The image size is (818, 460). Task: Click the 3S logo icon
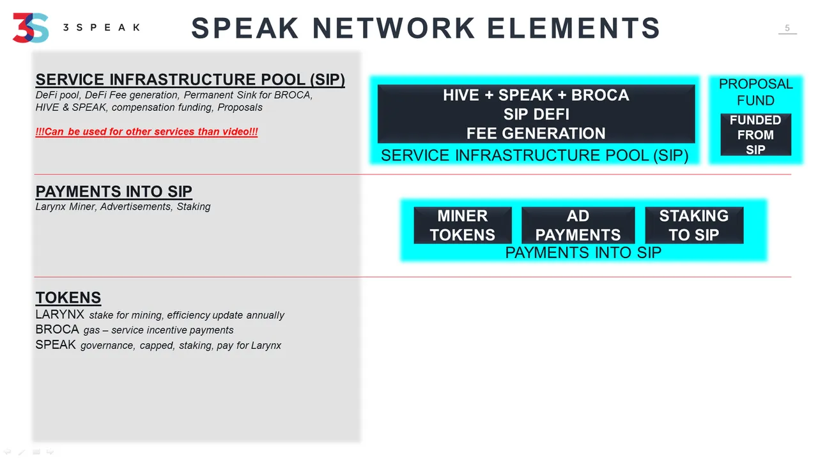(x=31, y=27)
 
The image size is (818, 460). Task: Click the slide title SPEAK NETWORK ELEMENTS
(x=426, y=28)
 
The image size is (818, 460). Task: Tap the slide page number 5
(x=787, y=28)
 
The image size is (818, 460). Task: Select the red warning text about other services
(x=146, y=132)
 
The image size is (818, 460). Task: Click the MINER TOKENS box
(x=463, y=226)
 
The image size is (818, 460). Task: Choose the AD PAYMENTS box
(x=578, y=226)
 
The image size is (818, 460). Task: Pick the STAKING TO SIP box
(x=694, y=226)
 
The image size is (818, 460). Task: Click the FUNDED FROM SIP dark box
(x=755, y=135)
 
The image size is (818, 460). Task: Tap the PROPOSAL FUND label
(x=755, y=92)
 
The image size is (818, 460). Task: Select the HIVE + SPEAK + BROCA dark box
(x=536, y=114)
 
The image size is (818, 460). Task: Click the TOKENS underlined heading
(x=68, y=298)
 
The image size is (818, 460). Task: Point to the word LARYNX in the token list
(x=59, y=314)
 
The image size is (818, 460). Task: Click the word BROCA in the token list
(x=57, y=329)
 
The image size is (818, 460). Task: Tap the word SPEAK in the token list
(x=56, y=344)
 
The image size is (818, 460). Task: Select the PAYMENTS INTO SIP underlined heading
(x=114, y=192)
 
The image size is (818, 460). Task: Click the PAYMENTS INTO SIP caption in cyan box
(x=583, y=252)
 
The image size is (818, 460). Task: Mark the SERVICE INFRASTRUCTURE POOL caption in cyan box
(x=535, y=155)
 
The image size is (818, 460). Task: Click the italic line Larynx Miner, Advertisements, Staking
(x=123, y=206)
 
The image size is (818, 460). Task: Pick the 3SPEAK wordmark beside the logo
(x=102, y=27)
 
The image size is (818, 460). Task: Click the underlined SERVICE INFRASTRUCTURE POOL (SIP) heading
(x=190, y=80)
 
